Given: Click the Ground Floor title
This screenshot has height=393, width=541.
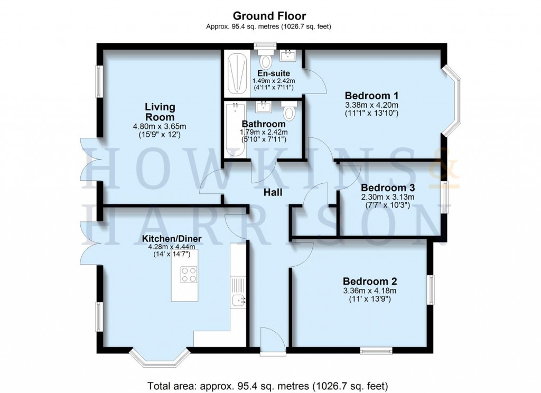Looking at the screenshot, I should (x=270, y=16).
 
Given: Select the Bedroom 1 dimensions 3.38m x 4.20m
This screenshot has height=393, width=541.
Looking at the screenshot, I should (x=370, y=105).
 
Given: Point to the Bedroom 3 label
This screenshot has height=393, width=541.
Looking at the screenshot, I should (x=387, y=188).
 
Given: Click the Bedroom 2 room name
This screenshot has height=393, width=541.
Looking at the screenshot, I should (x=370, y=281).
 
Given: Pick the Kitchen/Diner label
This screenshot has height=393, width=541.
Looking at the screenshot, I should (x=172, y=238).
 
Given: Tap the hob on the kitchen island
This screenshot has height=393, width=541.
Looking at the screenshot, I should (x=189, y=274).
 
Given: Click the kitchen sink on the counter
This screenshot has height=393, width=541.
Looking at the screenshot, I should (x=238, y=300).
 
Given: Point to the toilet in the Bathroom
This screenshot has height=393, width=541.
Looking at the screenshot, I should (x=288, y=111).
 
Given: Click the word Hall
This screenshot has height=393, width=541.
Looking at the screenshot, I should (x=273, y=193).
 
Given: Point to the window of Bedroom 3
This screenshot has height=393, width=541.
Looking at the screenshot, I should (x=444, y=198).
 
